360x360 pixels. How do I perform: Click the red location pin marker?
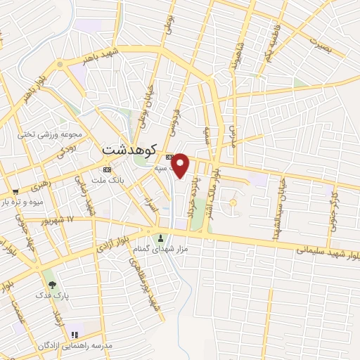point(181,164)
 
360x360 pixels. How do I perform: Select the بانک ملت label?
point(108,181)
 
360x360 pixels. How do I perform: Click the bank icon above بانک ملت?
point(107,170)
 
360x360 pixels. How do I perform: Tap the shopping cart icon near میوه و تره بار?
point(15,191)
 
